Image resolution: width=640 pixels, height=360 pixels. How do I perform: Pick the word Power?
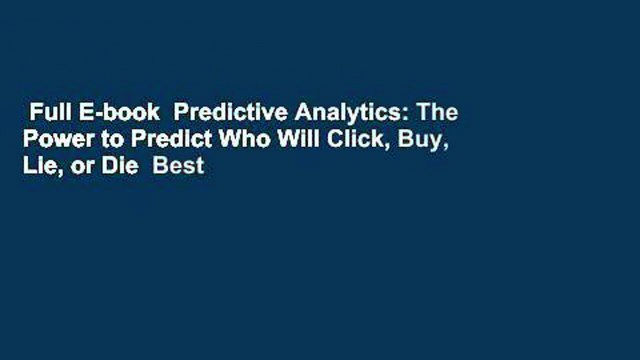[59, 141]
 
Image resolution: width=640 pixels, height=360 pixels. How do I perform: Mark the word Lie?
[45, 167]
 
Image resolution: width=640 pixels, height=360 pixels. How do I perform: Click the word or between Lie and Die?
[84, 167]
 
